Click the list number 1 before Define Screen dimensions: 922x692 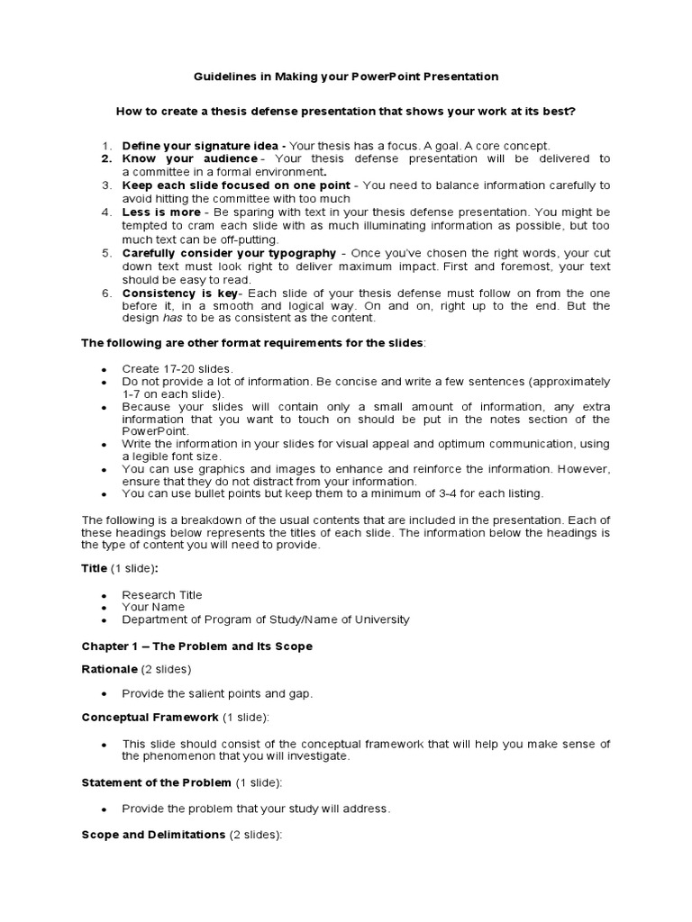[105, 146]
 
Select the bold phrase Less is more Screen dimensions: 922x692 [161, 212]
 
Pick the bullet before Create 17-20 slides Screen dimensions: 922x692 [105, 370]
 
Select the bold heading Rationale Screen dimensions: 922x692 [110, 669]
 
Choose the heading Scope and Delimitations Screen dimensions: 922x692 [153, 835]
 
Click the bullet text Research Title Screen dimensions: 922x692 [162, 595]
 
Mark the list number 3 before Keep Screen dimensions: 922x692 [105, 185]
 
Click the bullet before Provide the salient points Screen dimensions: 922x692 [105, 693]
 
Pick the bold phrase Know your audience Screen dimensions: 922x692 [189, 158]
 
